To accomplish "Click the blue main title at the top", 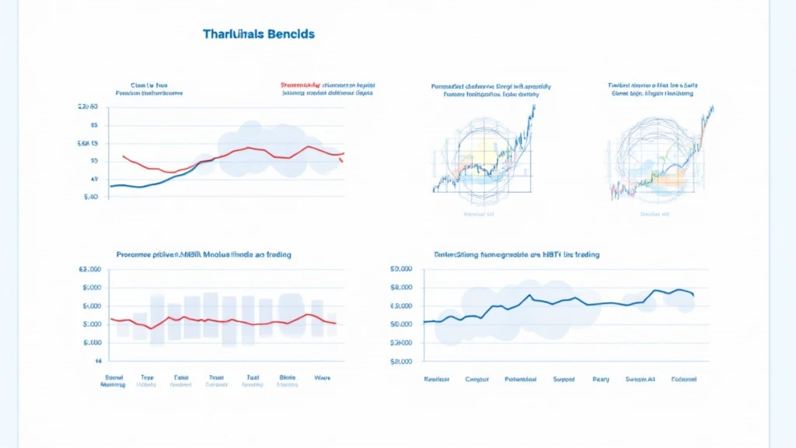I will click(x=258, y=35).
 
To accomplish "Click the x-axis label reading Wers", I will click(x=322, y=377).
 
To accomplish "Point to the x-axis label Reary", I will click(x=601, y=379).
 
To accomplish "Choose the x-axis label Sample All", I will click(x=641, y=379).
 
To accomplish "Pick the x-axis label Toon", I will click(x=216, y=377).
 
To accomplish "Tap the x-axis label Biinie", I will click(x=288, y=377).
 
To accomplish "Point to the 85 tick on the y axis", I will click(x=93, y=124).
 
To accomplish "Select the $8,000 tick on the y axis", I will click(x=401, y=287).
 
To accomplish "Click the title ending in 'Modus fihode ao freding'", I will click(x=210, y=254).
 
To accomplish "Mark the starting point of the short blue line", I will click(x=110, y=187).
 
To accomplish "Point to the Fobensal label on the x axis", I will click(x=683, y=379).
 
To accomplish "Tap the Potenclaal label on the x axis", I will click(x=520, y=379).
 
